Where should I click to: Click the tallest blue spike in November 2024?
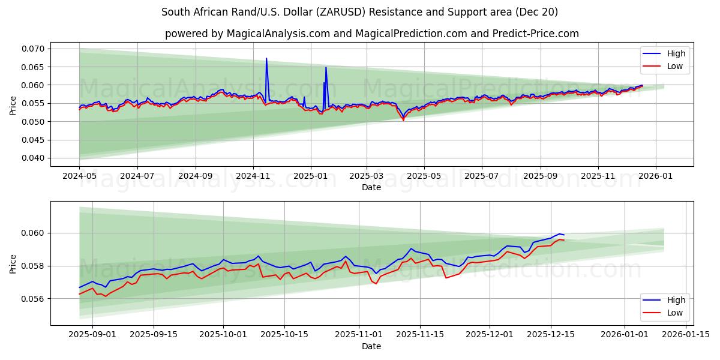point(266,59)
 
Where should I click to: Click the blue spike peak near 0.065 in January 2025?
point(326,67)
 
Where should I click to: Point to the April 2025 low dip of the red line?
point(403,120)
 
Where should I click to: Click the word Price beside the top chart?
point(13,105)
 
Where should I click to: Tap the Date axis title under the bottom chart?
point(371,346)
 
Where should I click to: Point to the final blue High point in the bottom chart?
point(564,235)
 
